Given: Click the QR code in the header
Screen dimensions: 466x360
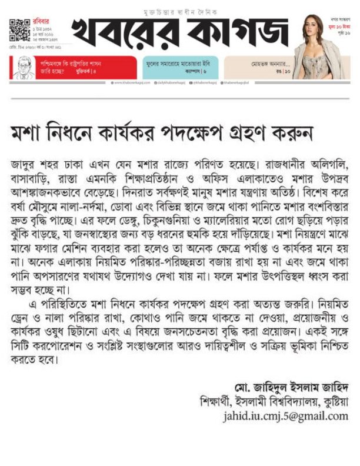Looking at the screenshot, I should point(19,30).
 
